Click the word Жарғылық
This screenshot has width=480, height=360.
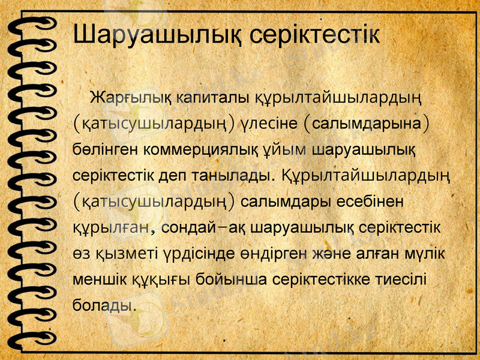click(127, 97)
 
